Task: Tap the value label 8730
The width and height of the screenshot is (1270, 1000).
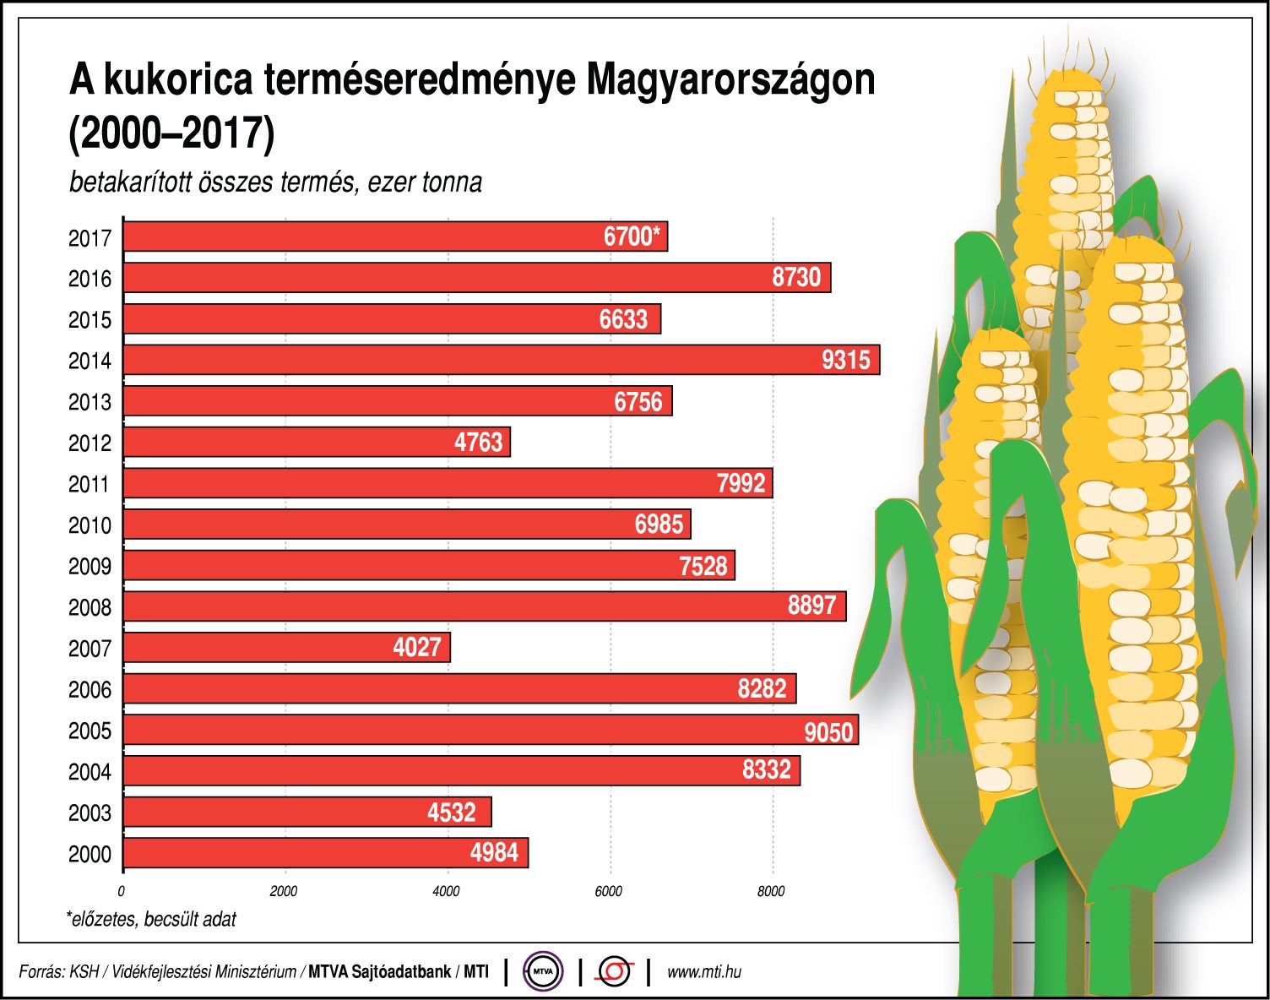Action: click(x=796, y=278)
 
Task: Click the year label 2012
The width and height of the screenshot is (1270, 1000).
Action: click(x=90, y=443)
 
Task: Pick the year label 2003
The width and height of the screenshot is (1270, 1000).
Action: click(x=90, y=813)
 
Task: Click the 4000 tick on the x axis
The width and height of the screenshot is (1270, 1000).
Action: click(x=446, y=891)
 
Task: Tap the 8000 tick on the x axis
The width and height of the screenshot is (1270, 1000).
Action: click(x=770, y=891)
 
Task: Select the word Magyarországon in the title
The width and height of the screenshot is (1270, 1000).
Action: click(x=730, y=81)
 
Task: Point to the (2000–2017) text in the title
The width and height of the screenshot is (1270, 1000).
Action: click(x=171, y=133)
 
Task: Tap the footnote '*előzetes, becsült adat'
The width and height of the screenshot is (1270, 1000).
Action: click(x=152, y=919)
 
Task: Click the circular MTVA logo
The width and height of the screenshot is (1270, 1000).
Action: click(x=543, y=971)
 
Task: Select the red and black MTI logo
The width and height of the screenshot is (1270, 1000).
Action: click(x=614, y=971)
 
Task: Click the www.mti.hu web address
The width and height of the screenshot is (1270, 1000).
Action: click(x=704, y=972)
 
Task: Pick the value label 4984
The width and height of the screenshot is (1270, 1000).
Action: click(x=494, y=853)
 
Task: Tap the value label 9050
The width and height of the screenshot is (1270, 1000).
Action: click(x=828, y=731)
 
